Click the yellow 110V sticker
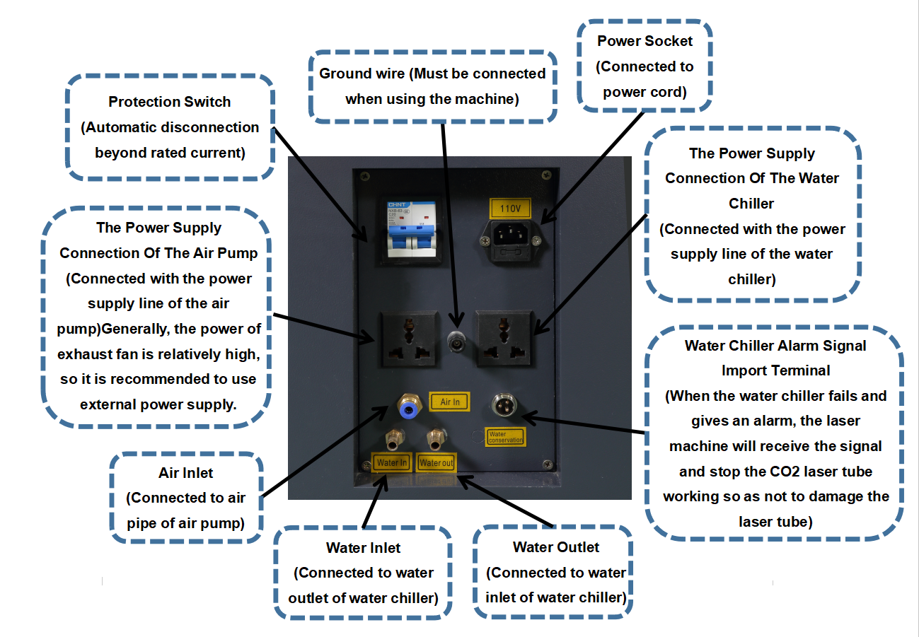tap(509, 209)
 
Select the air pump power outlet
tap(405, 337)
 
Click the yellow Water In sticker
tap(392, 463)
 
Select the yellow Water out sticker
tap(437, 463)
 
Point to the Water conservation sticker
tap(505, 437)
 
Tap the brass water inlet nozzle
tap(391, 439)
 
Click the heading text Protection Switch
tap(170, 102)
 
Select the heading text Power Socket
tap(645, 41)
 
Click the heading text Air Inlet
tap(186, 472)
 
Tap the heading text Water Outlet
tap(556, 547)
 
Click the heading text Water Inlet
tap(363, 547)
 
